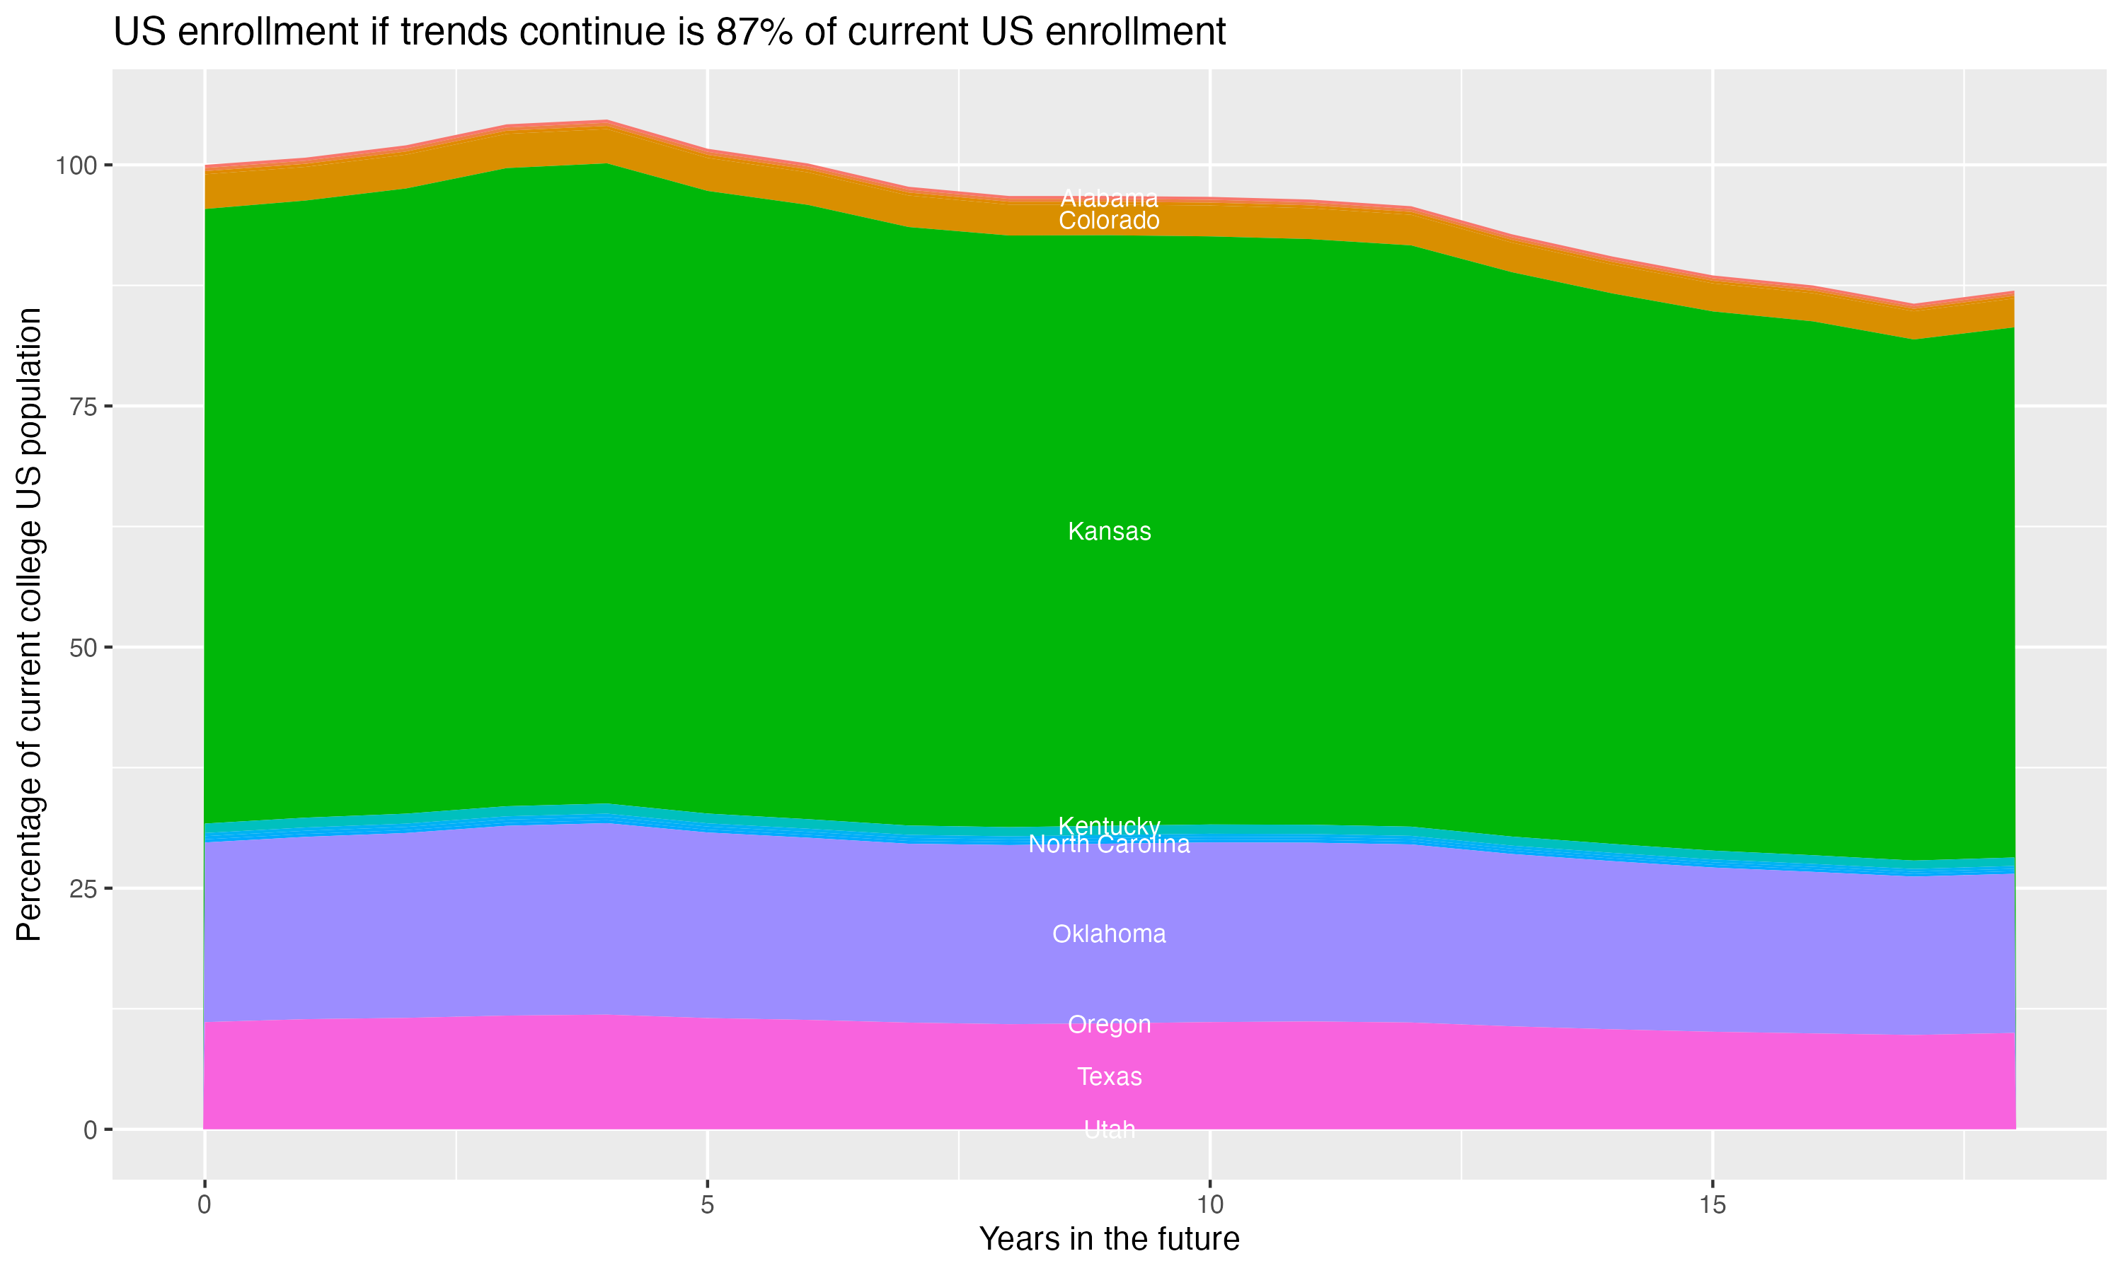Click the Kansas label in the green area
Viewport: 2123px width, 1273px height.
(x=1109, y=532)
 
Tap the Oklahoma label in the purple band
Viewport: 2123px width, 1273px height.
(x=1109, y=934)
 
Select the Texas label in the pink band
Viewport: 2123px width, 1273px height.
(x=1109, y=1076)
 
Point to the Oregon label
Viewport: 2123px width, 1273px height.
(x=1109, y=1024)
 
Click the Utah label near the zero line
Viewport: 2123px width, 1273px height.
(x=1109, y=1129)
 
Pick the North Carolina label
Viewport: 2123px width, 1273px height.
(x=1109, y=845)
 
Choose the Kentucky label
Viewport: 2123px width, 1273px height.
(x=1109, y=826)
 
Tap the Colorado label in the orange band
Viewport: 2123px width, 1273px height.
(x=1109, y=221)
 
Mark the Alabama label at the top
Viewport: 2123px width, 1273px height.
(x=1109, y=199)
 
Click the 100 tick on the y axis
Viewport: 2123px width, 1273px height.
(x=76, y=165)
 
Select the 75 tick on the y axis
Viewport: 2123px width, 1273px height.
(x=82, y=407)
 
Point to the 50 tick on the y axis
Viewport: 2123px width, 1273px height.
(x=82, y=648)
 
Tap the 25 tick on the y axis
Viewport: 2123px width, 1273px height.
(x=82, y=889)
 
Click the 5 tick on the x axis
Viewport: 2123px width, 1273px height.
(x=707, y=1205)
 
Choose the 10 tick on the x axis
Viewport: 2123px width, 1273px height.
(x=1209, y=1205)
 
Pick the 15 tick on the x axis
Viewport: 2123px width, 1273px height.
(x=1712, y=1205)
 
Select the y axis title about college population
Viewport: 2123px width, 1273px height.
(x=29, y=624)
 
